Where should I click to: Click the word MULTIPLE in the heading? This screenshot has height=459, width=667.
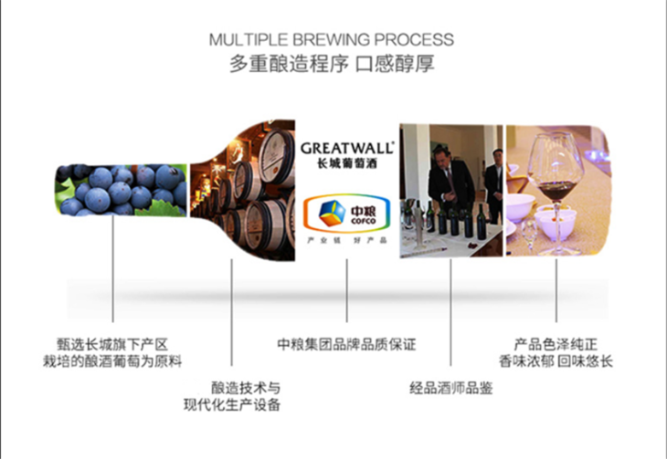coord(243,40)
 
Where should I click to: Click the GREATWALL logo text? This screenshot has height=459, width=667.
coord(347,147)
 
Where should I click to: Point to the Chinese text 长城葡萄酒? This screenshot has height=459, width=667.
coord(347,165)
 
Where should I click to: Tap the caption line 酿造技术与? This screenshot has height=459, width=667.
coord(245,387)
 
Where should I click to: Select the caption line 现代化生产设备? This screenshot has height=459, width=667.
coord(232,405)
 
